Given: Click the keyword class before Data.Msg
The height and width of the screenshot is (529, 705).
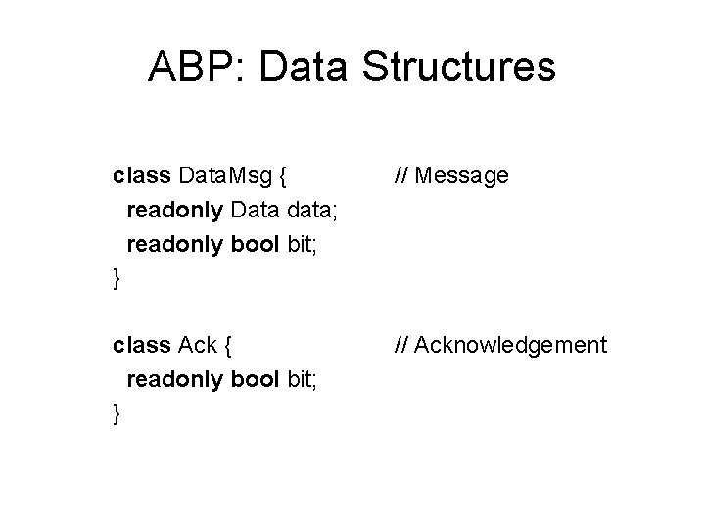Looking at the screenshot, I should pyautogui.click(x=142, y=177).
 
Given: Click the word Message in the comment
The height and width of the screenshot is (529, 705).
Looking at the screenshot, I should pyautogui.click(x=463, y=177).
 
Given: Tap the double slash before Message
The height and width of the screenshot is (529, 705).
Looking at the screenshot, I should pyautogui.click(x=402, y=177).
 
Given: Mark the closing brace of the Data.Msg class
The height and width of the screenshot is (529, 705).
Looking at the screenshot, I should pyautogui.click(x=117, y=280).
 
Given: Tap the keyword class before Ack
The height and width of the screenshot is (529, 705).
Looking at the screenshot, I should pyautogui.click(x=142, y=346).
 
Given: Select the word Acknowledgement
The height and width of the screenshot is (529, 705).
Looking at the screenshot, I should pyautogui.click(x=512, y=346).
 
